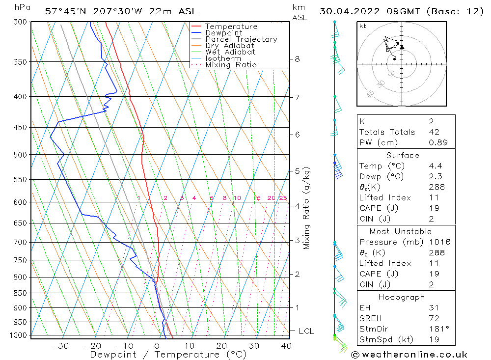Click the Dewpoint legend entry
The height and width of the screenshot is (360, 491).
pyautogui.click(x=223, y=33)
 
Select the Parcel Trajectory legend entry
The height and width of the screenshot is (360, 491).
pyautogui.click(x=241, y=39)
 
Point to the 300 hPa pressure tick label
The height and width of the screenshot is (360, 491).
pyautogui.click(x=21, y=22)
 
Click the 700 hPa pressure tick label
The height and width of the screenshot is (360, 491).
pyautogui.click(x=21, y=242)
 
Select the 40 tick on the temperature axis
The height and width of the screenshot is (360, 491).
pyautogui.click(x=286, y=346)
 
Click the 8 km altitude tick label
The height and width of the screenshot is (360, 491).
pyautogui.click(x=298, y=59)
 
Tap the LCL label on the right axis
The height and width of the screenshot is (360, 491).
pyautogui.click(x=306, y=332)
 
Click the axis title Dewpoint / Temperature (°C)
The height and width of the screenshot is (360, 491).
pyautogui.click(x=168, y=355)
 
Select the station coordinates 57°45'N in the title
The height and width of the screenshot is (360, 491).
pyautogui.click(x=60, y=11)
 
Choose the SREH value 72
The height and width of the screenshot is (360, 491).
pyautogui.click(x=434, y=318)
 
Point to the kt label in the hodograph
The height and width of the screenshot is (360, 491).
pyautogui.click(x=363, y=26)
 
